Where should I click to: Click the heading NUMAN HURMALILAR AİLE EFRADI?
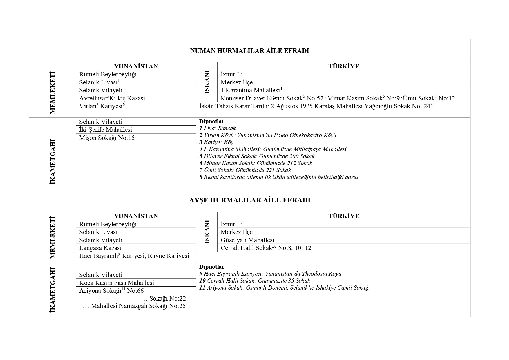pyautogui.click(x=249, y=51)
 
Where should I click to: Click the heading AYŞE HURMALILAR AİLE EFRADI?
pyautogui.click(x=249, y=200)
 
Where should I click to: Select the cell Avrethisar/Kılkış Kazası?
pyautogui.click(x=112, y=98)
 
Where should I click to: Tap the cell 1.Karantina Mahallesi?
pyautogui.click(x=251, y=90)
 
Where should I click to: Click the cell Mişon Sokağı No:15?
pyautogui.click(x=107, y=138)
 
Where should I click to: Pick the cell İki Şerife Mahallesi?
pyautogui.click(x=106, y=129)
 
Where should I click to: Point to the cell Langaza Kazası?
pyautogui.click(x=100, y=248)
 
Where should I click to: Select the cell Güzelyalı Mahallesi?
pyautogui.click(x=247, y=240)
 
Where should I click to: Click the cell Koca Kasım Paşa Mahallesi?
pyautogui.click(x=117, y=283)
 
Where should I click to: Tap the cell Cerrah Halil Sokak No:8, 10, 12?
pyautogui.click(x=266, y=248)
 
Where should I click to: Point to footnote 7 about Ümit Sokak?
pyautogui.click(x=245, y=170)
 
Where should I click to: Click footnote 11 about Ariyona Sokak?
pyautogui.click(x=284, y=288)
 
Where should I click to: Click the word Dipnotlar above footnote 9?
pyautogui.click(x=212, y=267)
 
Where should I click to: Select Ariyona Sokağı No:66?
pyautogui.click(x=111, y=291)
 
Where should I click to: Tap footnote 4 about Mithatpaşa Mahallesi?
pyautogui.click(x=273, y=149)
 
